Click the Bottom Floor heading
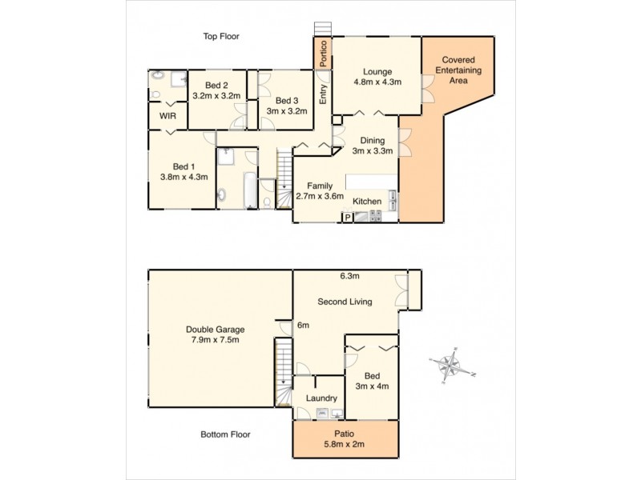tap(225, 435)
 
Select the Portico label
tap(322, 53)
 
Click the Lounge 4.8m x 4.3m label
tap(376, 76)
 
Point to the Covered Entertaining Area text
tap(459, 70)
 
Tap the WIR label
tap(167, 116)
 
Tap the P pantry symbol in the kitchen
tap(348, 216)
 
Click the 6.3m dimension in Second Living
tap(349, 277)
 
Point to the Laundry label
tap(321, 398)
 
